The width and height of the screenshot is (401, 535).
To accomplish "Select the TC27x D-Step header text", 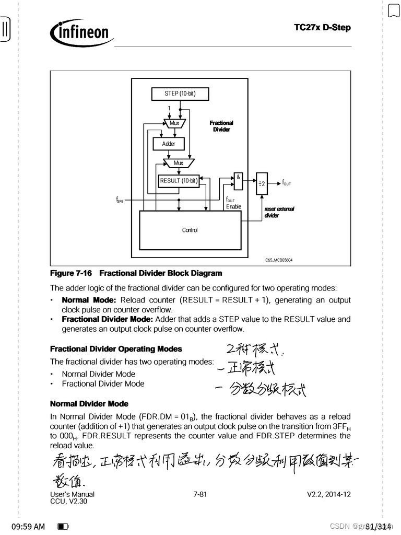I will click(322, 27).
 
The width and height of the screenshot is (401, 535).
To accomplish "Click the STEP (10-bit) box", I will click(180, 94).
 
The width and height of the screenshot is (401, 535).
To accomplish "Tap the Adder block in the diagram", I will click(169, 143).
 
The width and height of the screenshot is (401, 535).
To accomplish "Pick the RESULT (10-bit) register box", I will click(179, 181).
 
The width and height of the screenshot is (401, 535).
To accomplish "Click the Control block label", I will click(190, 230).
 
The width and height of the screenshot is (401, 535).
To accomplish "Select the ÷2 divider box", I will click(262, 183).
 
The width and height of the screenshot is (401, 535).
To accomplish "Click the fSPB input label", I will click(120, 200).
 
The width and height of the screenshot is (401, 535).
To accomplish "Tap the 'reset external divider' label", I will click(279, 212).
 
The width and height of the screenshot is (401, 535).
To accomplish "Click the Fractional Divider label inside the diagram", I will click(221, 126).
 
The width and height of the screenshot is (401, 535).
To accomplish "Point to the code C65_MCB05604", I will click(279, 260).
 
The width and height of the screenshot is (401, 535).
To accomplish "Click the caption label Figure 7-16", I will click(71, 273).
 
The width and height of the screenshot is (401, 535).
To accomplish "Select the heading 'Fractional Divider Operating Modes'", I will click(116, 349).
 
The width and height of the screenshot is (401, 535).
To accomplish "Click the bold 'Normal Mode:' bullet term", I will click(89, 300).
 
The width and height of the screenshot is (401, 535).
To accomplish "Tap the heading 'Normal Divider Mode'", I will click(89, 404).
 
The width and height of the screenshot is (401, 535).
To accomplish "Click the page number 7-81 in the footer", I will click(200, 494).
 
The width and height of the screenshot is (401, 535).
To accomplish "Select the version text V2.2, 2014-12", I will click(328, 494).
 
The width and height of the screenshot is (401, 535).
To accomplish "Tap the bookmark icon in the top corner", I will click(394, 10).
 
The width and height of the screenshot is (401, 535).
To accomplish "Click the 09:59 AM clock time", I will click(28, 527).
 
